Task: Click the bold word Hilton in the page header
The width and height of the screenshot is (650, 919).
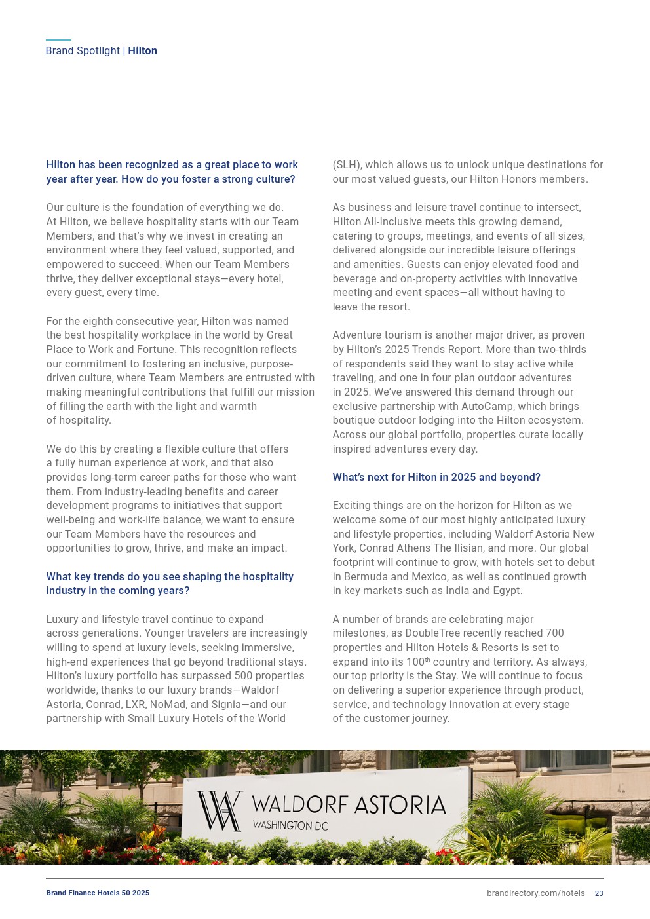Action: click(142, 51)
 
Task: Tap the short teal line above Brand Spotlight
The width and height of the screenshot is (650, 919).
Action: click(58, 40)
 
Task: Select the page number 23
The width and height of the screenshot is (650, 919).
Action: click(599, 893)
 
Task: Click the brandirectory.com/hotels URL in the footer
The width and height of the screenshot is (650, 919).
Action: click(535, 893)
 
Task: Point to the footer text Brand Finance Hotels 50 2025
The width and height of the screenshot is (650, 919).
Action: click(98, 893)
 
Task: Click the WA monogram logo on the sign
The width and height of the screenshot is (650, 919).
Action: click(220, 811)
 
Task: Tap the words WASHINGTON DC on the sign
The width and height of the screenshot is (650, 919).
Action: click(290, 826)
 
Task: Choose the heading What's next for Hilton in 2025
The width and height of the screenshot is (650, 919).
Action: click(436, 478)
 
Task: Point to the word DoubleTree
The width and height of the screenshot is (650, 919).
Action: click(432, 633)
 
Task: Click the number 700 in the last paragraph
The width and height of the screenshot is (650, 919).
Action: click(554, 633)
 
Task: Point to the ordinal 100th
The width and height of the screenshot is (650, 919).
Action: click(416, 662)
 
